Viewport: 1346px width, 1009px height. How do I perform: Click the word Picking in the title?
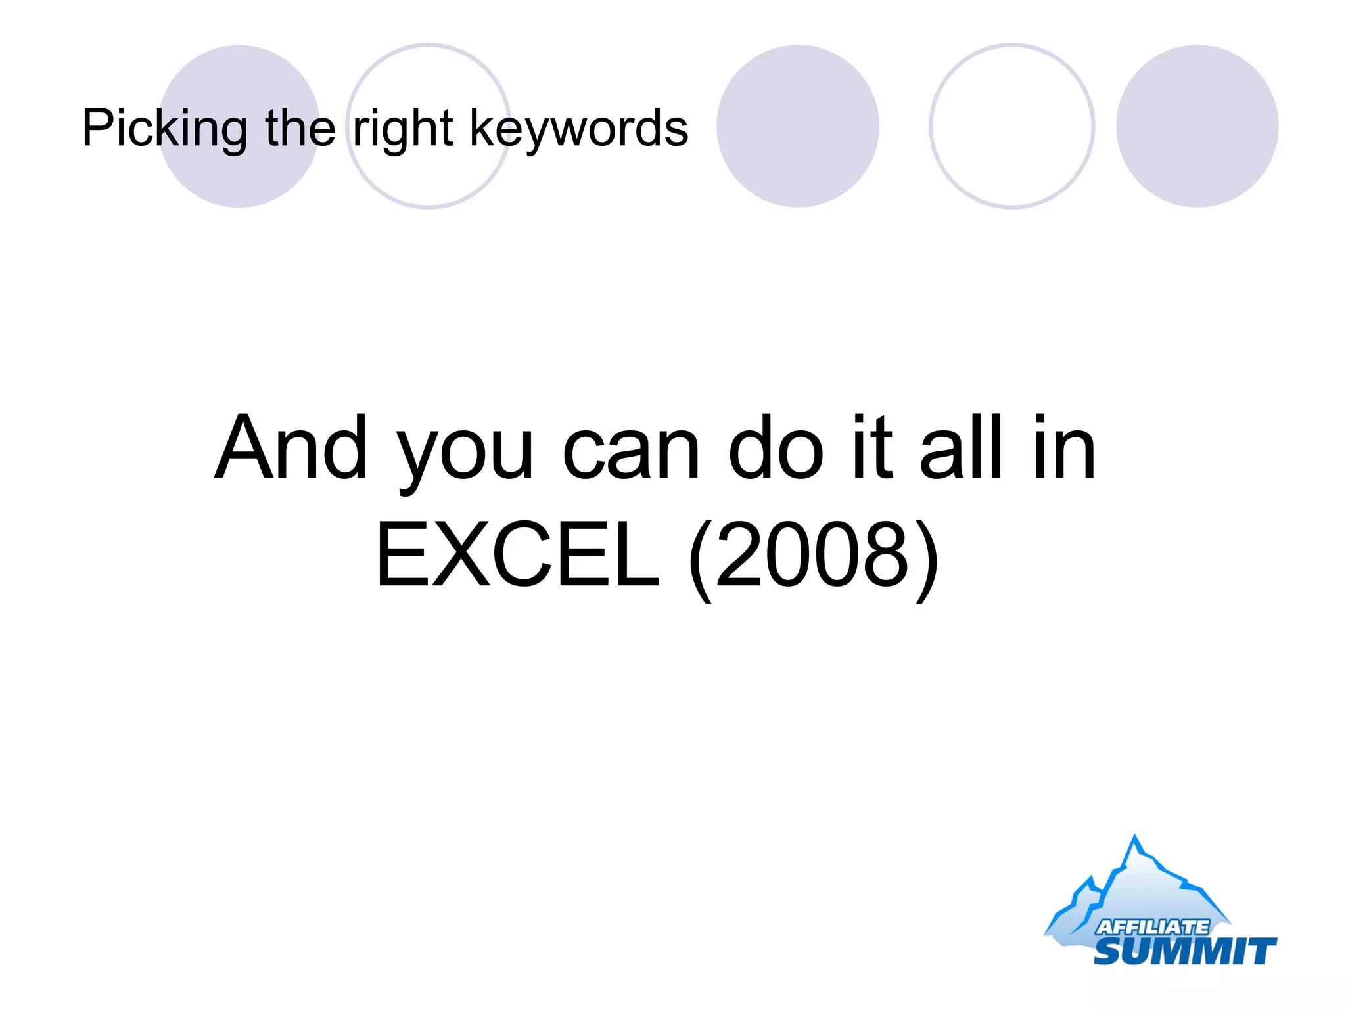click(x=164, y=129)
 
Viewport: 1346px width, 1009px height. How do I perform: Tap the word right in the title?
click(x=403, y=129)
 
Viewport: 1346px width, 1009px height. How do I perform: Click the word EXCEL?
click(x=517, y=555)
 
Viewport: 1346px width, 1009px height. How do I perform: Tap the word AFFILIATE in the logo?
click(x=1151, y=927)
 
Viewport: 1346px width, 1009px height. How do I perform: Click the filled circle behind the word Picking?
click(x=239, y=177)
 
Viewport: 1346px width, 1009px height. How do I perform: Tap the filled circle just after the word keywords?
click(x=797, y=126)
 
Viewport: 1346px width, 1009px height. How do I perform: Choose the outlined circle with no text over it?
click(x=1011, y=126)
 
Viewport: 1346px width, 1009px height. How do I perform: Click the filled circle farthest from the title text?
click(x=1197, y=126)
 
